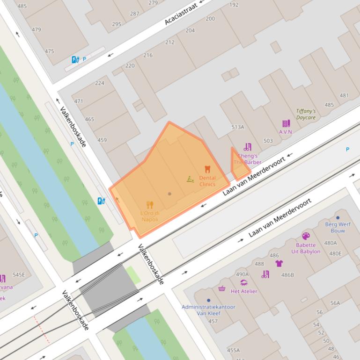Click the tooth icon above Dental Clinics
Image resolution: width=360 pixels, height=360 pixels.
[x=207, y=169]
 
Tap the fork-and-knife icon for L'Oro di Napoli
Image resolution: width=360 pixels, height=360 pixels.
[x=150, y=205]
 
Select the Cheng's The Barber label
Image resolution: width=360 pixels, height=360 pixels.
[x=248, y=159]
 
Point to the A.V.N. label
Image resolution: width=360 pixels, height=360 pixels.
[x=286, y=132]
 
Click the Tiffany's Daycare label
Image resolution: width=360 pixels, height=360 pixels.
[x=306, y=115]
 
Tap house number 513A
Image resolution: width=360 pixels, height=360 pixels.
[x=237, y=127]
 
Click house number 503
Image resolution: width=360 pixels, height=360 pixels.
[x=268, y=141]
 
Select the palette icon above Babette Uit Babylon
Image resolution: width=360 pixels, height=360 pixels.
[x=306, y=236]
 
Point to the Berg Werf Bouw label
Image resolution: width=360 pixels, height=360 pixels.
[x=338, y=227]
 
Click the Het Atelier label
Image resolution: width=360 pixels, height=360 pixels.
[x=244, y=291]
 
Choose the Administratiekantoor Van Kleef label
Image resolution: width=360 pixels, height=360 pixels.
[x=208, y=310]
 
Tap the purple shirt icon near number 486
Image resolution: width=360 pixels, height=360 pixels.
[x=279, y=263]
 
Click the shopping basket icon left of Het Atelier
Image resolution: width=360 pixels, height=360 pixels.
[x=222, y=288]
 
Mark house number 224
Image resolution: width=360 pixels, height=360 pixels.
[x=100, y=83]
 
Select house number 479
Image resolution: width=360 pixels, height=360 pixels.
[x=36, y=29]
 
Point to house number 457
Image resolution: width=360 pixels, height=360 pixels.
[x=213, y=321]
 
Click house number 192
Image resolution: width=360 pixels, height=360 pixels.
[x=234, y=5]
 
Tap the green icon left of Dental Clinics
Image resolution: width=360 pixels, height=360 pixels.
[x=190, y=179]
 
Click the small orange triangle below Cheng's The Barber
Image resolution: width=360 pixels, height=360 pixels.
[x=239, y=171]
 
